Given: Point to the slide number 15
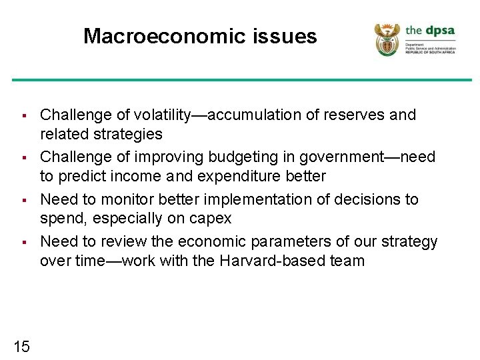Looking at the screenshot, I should pyautogui.click(x=21, y=346).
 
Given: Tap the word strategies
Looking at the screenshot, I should pyautogui.click(x=131, y=134).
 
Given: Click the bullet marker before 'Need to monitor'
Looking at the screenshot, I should pyautogui.click(x=23, y=200).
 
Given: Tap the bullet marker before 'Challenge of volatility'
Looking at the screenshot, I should pyautogui.click(x=23, y=115).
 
